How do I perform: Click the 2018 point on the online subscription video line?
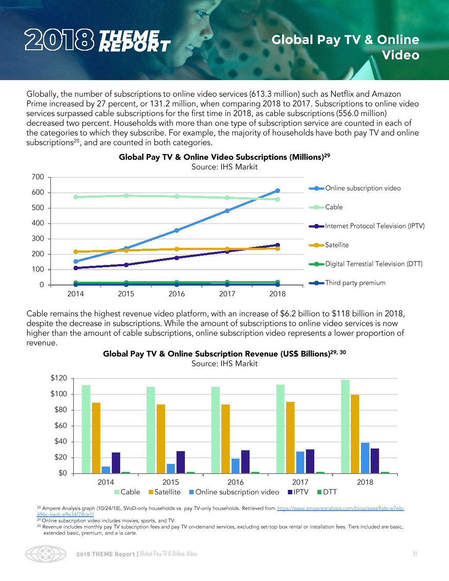tap(277, 191)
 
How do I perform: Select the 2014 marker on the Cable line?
tap(76, 197)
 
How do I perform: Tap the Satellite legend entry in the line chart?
tap(337, 245)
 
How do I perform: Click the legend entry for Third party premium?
tap(355, 283)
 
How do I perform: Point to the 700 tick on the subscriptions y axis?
tap(38, 177)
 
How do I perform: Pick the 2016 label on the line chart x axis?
tap(177, 294)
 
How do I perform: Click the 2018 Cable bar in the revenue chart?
tap(345, 426)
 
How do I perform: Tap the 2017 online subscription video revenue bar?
tap(300, 462)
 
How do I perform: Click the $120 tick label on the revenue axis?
tap(59, 378)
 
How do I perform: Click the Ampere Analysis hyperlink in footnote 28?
tap(340, 508)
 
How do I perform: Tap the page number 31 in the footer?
tap(415, 554)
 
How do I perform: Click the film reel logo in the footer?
tap(46, 554)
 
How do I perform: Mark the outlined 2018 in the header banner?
tap(59, 40)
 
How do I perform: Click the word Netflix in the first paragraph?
tap(342, 94)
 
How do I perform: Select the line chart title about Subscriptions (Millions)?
tap(224, 157)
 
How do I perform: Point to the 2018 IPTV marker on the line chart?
tap(277, 245)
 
